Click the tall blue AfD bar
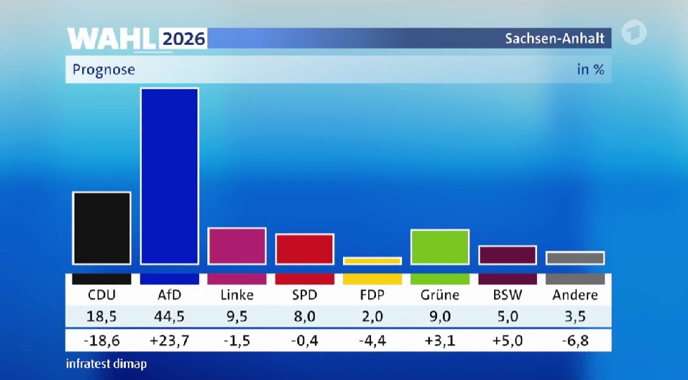click(x=169, y=176)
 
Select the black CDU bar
click(x=101, y=228)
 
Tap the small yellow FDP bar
click(x=372, y=261)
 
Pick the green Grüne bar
click(x=440, y=247)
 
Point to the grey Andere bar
click(x=576, y=258)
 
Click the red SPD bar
click(x=304, y=249)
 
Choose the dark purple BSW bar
click(x=507, y=256)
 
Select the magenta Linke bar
click(x=237, y=246)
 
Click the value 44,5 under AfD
click(x=169, y=316)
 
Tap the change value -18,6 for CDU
click(x=101, y=341)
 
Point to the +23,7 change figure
click(x=169, y=341)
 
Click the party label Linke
click(x=237, y=295)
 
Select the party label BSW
click(x=507, y=295)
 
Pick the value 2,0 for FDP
click(x=372, y=316)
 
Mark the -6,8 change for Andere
click(x=576, y=341)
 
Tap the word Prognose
click(x=103, y=70)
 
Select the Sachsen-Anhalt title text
click(x=554, y=39)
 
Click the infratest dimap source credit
click(x=106, y=364)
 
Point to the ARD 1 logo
click(x=634, y=32)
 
